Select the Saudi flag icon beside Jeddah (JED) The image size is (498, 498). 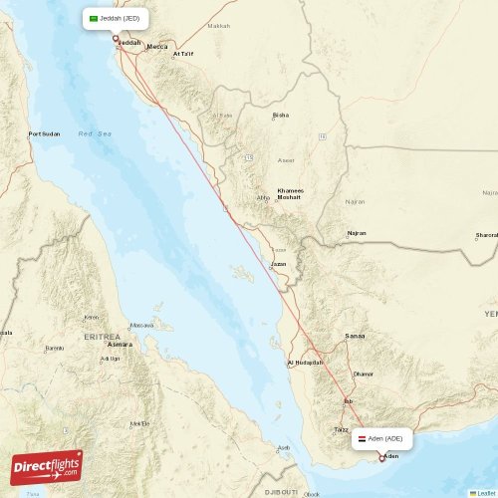click(95, 18)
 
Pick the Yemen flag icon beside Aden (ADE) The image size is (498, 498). click(361, 438)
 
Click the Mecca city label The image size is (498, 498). click(157, 47)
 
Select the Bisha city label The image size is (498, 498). click(281, 115)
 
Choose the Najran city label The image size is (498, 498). click(356, 233)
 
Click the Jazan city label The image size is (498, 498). click(279, 264)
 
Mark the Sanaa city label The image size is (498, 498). click(354, 337)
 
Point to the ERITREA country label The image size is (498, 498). click(102, 336)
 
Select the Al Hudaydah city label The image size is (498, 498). click(305, 363)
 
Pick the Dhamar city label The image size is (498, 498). click(364, 373)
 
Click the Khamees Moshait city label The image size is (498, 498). click(290, 193)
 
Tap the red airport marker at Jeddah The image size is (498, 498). click(115, 40)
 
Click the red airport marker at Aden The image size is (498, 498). click(381, 458)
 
